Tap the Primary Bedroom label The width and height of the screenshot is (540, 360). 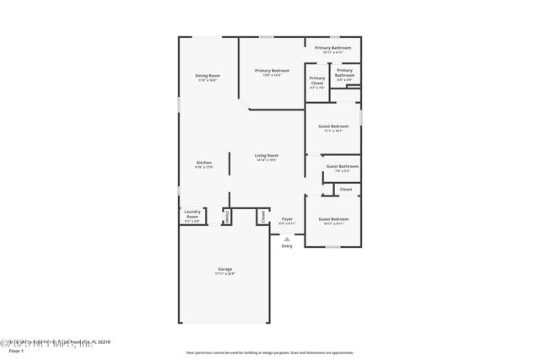click(272, 71)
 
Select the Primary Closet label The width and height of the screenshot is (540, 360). click(316, 81)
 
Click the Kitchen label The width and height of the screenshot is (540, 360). click(204, 163)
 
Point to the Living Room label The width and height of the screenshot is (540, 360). click(267, 156)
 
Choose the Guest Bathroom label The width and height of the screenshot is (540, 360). click(343, 167)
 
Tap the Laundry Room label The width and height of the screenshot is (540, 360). click(192, 214)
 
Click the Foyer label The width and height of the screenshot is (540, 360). click(287, 219)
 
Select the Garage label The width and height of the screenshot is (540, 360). click(224, 270)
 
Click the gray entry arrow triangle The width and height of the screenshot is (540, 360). click(287, 239)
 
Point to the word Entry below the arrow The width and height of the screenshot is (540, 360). click(287, 246)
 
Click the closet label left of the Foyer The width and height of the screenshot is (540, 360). click(263, 216)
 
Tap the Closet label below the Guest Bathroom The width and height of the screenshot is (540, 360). click(346, 190)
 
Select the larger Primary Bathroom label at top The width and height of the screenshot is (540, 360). click(332, 49)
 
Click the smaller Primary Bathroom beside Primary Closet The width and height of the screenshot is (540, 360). click(345, 73)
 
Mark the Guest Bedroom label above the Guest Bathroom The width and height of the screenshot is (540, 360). click(332, 127)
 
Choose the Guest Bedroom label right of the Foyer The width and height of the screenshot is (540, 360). click(332, 220)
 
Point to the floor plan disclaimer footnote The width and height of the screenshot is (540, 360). click(269, 352)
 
